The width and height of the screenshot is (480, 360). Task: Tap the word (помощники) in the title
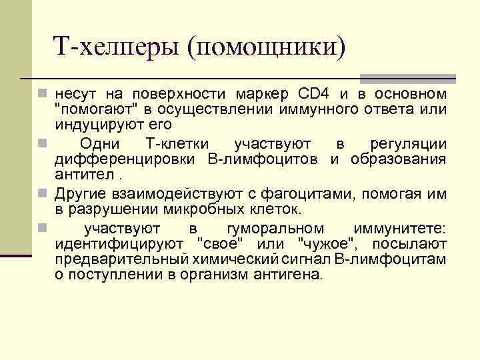[x=267, y=47]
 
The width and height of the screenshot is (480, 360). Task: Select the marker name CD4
[x=317, y=92]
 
